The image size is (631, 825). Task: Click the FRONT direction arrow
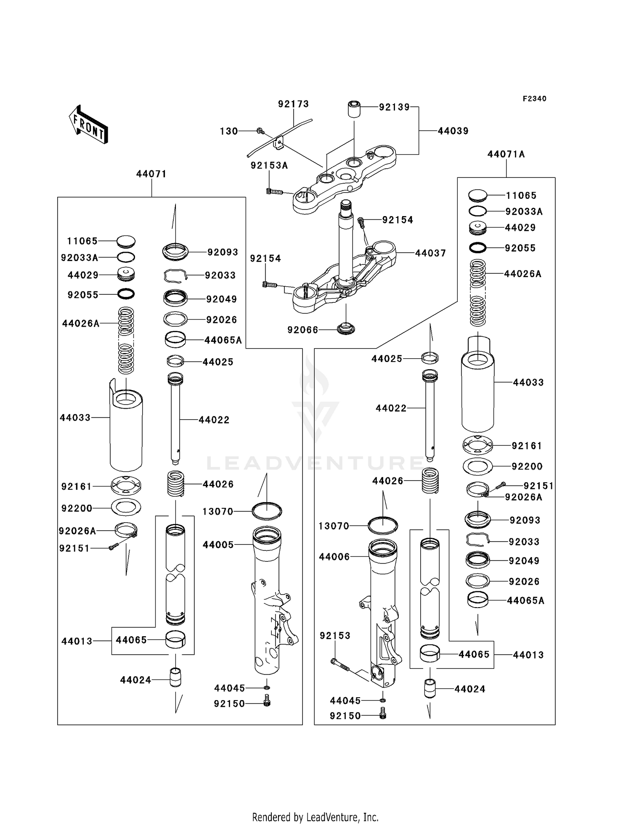(88, 125)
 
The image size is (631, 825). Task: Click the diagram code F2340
(534, 99)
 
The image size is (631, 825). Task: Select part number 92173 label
(293, 104)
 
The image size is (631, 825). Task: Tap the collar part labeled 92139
(354, 109)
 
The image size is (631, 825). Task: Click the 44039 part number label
(453, 131)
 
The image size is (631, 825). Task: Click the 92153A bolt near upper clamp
(273, 192)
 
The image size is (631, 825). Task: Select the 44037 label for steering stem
(430, 253)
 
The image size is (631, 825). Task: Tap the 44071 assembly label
(151, 174)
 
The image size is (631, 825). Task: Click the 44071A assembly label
(506, 154)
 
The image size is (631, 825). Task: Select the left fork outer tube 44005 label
(218, 545)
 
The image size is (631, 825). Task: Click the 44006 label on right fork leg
(334, 557)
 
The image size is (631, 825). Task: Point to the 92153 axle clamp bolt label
(335, 636)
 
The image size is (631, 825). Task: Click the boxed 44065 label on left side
(131, 640)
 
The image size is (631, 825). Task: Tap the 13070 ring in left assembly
(267, 511)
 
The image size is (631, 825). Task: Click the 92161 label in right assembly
(527, 446)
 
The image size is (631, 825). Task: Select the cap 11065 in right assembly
(478, 195)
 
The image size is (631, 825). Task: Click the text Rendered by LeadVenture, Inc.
(315, 817)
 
